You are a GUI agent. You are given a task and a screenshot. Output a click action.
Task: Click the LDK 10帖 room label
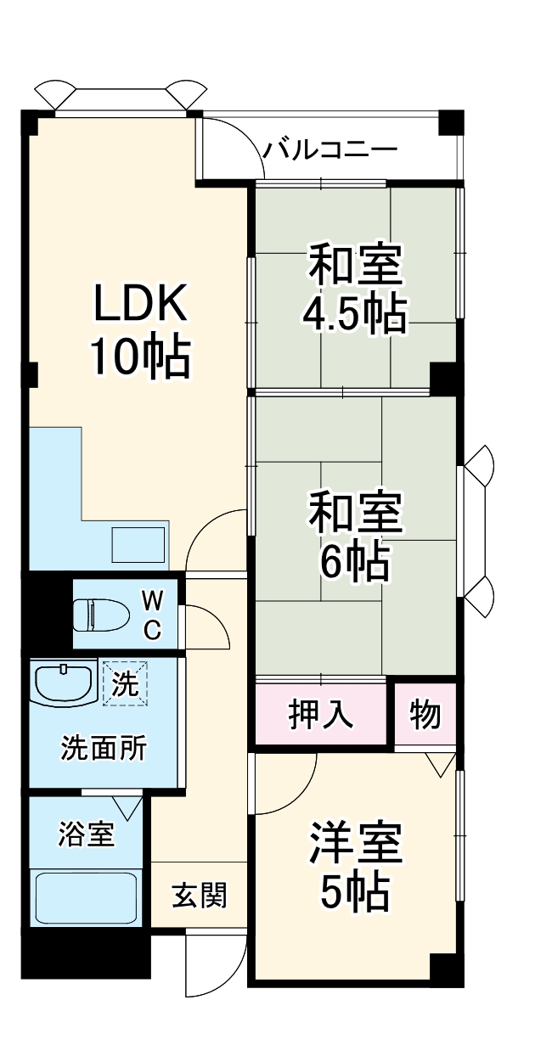point(139,331)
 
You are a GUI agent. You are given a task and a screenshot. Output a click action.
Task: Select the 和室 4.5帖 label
point(355,289)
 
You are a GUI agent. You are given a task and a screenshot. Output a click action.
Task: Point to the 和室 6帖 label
point(355,537)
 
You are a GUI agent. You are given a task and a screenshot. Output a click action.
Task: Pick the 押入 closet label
point(321,716)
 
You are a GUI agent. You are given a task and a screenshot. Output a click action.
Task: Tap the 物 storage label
point(425,716)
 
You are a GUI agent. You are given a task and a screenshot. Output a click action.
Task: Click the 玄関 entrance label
point(200,895)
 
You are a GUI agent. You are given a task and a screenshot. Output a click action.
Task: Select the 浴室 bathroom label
point(86,834)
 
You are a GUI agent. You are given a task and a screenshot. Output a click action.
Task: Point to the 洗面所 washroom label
point(103,749)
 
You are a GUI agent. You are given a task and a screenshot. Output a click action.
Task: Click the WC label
point(153,615)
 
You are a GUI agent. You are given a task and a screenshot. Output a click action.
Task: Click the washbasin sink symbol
point(63,683)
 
